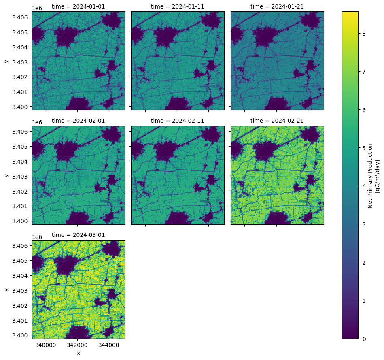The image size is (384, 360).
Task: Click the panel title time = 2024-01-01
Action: (x=78, y=6)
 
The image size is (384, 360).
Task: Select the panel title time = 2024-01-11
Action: (x=178, y=6)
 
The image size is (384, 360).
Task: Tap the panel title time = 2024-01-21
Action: (x=277, y=6)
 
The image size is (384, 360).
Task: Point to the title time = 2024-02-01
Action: (x=78, y=121)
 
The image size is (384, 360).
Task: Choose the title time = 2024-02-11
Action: (x=178, y=121)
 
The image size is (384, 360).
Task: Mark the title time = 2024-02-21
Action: (x=277, y=121)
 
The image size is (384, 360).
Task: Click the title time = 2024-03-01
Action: (x=78, y=235)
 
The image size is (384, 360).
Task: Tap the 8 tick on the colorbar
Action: (x=364, y=34)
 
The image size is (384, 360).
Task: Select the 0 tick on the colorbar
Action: (x=364, y=339)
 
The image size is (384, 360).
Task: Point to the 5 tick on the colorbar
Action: (x=364, y=148)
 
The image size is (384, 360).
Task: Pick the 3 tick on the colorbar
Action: (x=364, y=224)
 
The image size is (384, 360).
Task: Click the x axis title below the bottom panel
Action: (x=78, y=353)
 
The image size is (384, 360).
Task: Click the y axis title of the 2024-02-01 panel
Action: (x=6, y=175)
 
